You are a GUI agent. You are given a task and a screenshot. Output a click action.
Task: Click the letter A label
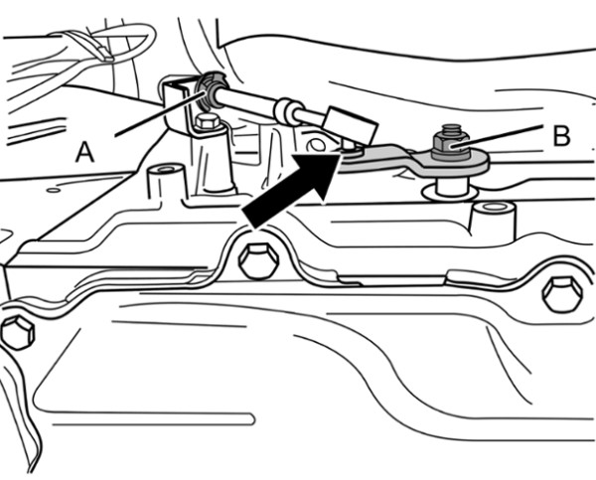[x=85, y=151]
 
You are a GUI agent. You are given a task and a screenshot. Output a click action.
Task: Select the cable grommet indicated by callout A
[x=208, y=94]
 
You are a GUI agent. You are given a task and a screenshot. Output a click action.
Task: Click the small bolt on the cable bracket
[x=207, y=122]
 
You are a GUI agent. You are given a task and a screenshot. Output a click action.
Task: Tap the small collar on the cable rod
[x=288, y=110]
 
